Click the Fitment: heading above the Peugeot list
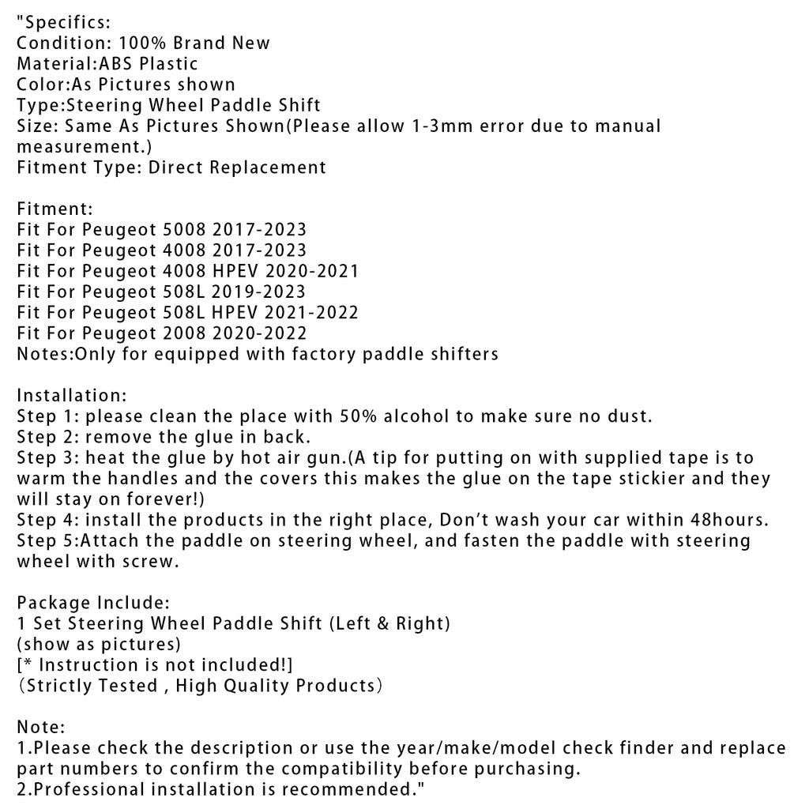tap(55, 209)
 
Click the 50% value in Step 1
tap(356, 416)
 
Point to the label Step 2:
tap(48, 437)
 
